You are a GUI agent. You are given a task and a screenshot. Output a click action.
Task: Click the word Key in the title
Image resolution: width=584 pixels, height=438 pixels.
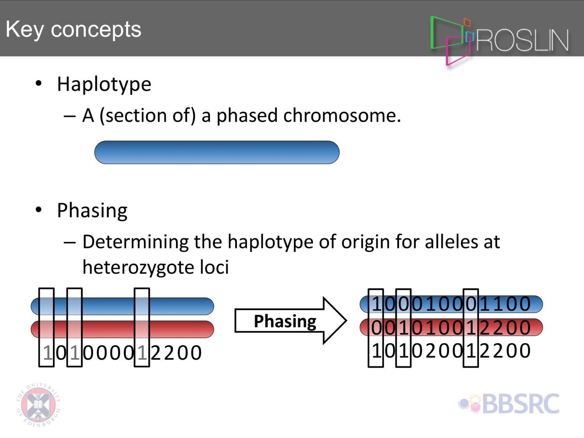click(25, 30)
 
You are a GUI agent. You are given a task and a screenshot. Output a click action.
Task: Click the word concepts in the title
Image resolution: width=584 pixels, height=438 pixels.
click(96, 30)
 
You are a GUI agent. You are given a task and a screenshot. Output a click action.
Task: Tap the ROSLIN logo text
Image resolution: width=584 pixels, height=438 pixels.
click(522, 40)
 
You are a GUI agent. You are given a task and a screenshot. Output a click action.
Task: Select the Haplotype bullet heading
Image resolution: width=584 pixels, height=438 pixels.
click(104, 84)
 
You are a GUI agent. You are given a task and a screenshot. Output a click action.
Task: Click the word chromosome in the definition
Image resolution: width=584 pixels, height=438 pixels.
click(342, 116)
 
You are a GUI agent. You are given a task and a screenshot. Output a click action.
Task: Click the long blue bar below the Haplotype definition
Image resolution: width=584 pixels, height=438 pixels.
click(217, 152)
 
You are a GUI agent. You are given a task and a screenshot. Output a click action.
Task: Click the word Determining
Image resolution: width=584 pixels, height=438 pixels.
click(135, 243)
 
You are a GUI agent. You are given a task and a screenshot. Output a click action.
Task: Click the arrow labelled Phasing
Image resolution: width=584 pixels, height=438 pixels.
click(290, 321)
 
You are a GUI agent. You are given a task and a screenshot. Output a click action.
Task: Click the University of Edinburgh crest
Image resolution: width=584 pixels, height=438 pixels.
click(39, 405)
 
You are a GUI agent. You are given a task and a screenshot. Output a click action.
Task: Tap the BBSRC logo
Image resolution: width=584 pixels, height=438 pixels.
click(509, 404)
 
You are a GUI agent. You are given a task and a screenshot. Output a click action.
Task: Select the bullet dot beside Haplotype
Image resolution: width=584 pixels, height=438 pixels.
click(39, 83)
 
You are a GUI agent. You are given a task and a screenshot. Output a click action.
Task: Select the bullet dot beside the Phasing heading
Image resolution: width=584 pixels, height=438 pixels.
click(39, 209)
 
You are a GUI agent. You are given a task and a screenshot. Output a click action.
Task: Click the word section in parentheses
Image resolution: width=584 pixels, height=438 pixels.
click(136, 116)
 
